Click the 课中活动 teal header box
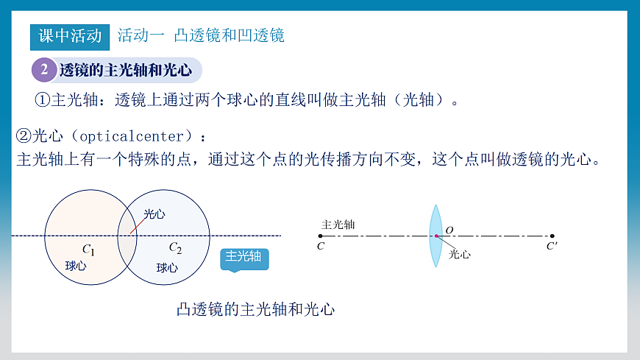(70, 35)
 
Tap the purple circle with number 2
(43, 70)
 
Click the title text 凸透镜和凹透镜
(229, 35)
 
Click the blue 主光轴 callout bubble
(243, 257)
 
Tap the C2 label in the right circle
(175, 248)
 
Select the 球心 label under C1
(76, 266)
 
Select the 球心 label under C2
(167, 267)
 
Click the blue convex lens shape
(435, 236)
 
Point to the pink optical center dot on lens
(435, 236)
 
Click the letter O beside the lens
(449, 230)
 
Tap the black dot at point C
(320, 236)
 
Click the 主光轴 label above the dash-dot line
(338, 224)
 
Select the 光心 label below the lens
(459, 253)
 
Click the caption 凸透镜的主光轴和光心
(256, 309)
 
